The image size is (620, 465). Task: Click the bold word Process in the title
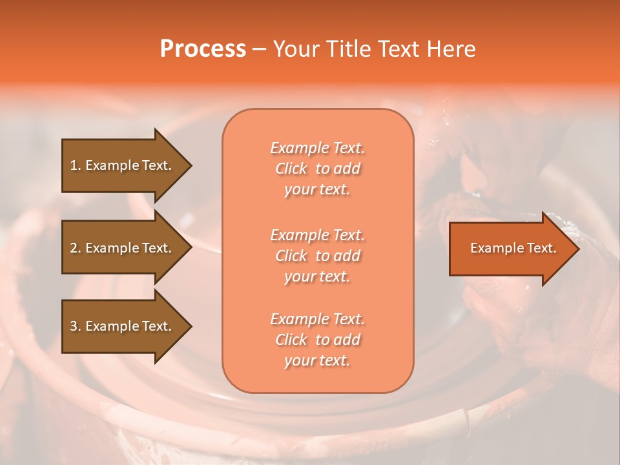[x=203, y=49]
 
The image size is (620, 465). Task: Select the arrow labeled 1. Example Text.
[x=123, y=165]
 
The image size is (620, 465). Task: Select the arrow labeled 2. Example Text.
[x=123, y=248]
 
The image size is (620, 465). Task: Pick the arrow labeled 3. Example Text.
[x=123, y=326]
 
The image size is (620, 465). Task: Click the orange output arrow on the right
[x=510, y=249]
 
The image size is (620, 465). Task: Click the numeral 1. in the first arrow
[x=76, y=165]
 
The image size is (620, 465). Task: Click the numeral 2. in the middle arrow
[x=76, y=248]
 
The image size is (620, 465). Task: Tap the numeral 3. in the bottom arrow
[x=76, y=326]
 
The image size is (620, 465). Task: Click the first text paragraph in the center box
[x=317, y=169]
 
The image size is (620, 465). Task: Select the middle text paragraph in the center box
[x=317, y=256]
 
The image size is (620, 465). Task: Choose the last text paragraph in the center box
[x=317, y=340]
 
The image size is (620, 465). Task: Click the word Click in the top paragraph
[x=291, y=169]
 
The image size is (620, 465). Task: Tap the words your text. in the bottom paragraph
[x=317, y=361]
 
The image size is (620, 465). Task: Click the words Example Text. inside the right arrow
[x=513, y=248]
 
